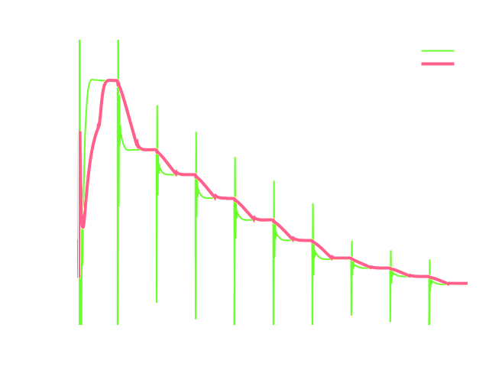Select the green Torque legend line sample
438,51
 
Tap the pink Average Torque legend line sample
438,64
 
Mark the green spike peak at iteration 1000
157,106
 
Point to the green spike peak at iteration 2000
235,158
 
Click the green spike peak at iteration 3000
313,203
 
